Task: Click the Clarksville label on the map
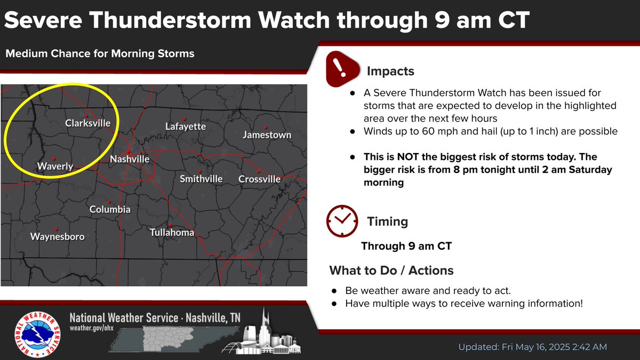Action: pos(87,123)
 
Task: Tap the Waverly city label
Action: pos(55,167)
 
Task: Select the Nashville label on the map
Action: pos(130,159)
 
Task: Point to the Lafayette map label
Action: pos(186,127)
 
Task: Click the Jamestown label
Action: pos(267,135)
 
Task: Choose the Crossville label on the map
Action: pos(259,179)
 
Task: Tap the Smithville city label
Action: pos(201,179)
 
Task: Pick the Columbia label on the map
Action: pos(110,210)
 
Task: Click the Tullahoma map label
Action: pos(172,233)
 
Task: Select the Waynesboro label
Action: pos(57,236)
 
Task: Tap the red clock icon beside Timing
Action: pos(342,220)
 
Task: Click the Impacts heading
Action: pos(390,71)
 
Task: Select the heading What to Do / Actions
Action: pos(391,270)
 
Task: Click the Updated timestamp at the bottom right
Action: pos(532,347)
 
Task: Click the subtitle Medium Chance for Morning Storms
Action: pos(100,54)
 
